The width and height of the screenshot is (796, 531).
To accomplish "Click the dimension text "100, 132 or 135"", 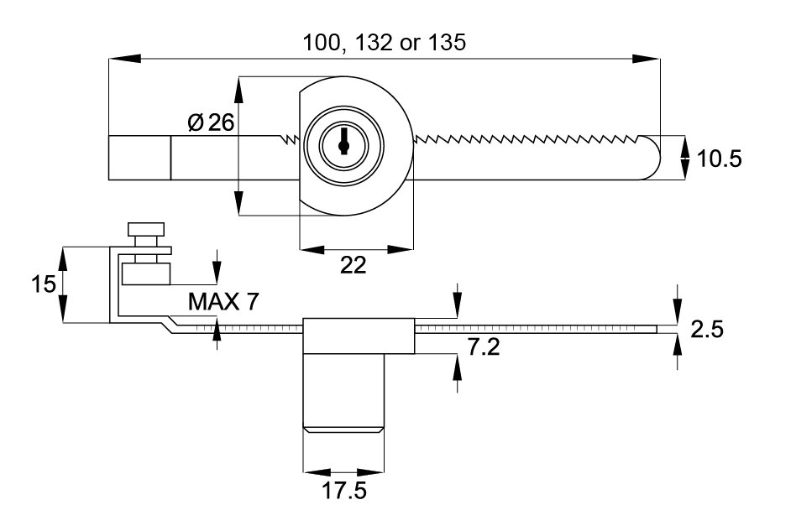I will (383, 43).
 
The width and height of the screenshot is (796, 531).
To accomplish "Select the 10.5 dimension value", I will (719, 158).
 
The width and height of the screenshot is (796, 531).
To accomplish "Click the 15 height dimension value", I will (43, 284).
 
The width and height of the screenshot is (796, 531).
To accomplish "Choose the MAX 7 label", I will (223, 301).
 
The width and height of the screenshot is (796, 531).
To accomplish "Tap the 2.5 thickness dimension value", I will (706, 330).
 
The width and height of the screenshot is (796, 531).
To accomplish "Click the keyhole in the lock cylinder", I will (343, 143).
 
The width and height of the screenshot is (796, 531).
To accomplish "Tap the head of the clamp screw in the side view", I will (148, 229).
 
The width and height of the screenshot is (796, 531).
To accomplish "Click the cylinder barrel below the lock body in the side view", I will (343, 393).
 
